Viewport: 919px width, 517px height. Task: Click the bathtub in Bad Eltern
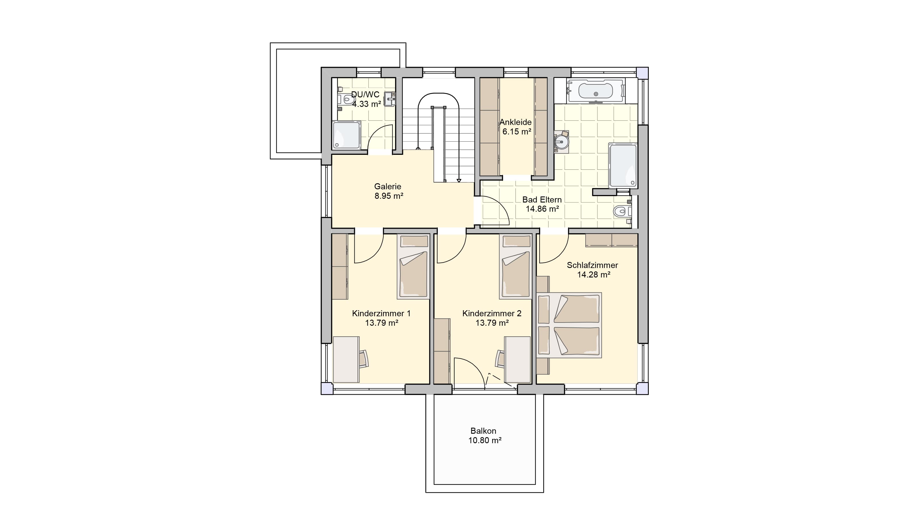pos(596,91)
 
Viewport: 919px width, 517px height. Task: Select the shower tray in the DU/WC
pos(347,135)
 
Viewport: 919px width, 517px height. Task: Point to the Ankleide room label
pos(516,122)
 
